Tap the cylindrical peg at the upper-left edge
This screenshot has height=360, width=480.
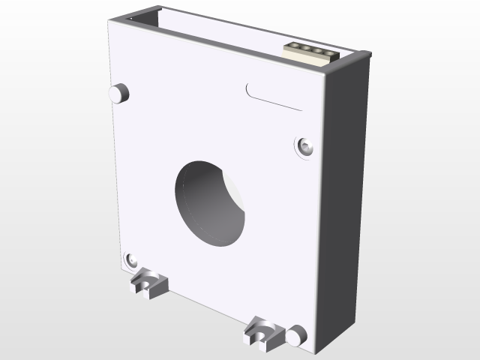pyautogui.click(x=119, y=93)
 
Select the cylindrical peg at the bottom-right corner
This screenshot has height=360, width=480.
pyautogui.click(x=296, y=335)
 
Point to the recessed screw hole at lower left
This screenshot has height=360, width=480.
pyautogui.click(x=132, y=259)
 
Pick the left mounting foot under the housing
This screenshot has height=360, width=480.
pyautogui.click(x=148, y=283)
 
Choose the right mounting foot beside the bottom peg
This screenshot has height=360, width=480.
pyautogui.click(x=262, y=331)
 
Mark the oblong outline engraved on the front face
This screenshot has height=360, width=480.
pyautogui.click(x=274, y=96)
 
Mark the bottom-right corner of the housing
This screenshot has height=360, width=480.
pyautogui.click(x=319, y=351)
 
